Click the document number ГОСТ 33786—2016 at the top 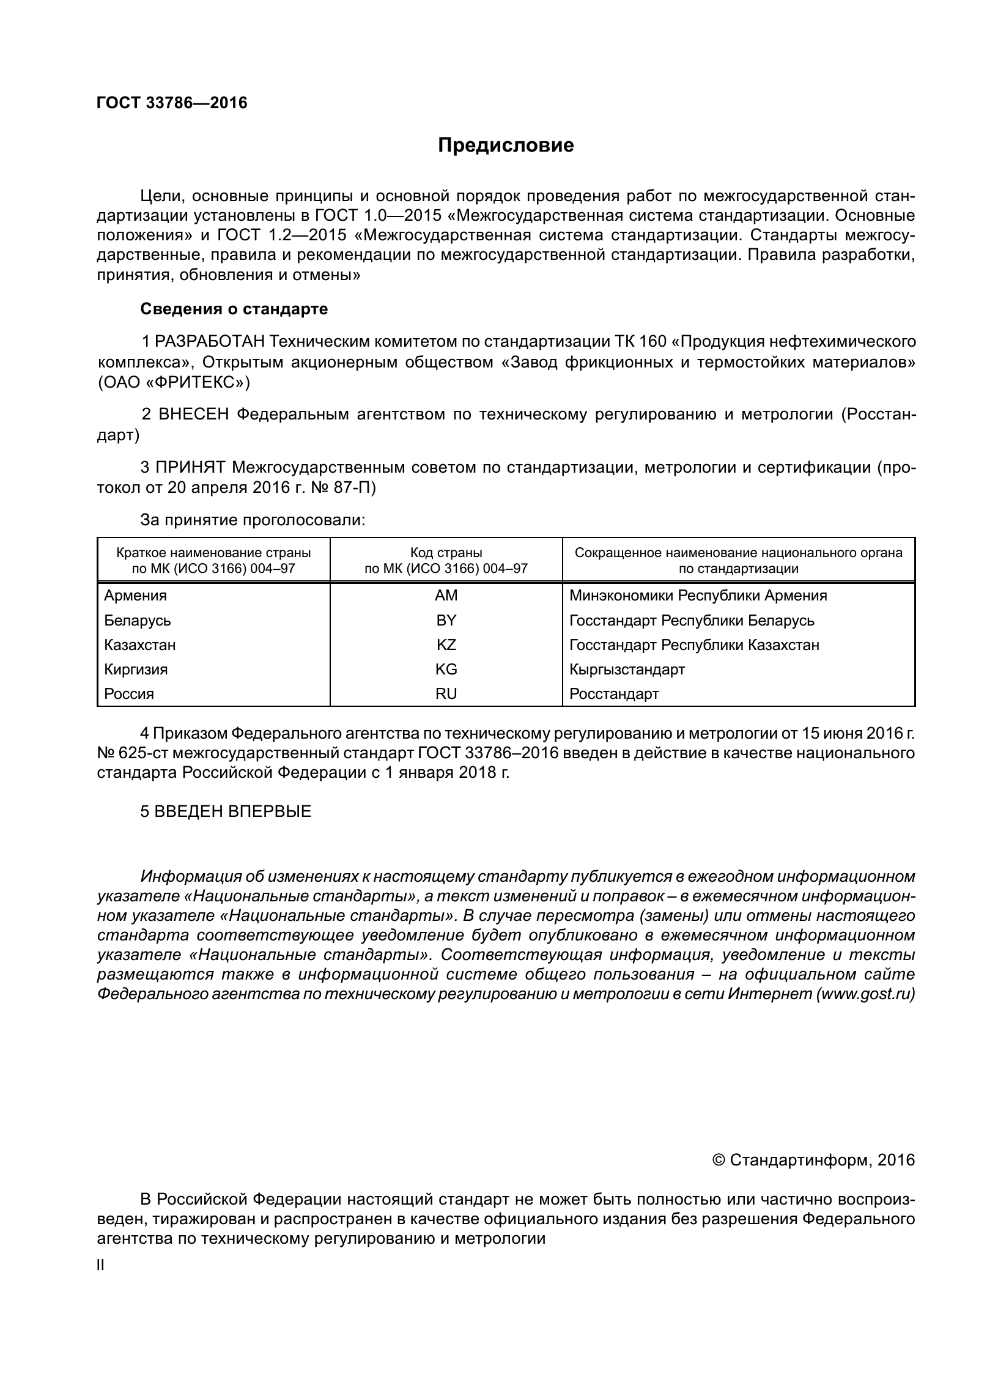coord(172,103)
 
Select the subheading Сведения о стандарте coord(234,309)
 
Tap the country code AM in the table coord(446,595)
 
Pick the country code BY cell coord(446,620)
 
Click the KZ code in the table coord(446,644)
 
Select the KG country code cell coord(446,669)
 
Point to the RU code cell coord(446,693)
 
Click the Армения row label coord(135,595)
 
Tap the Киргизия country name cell coord(136,669)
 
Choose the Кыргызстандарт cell coord(627,669)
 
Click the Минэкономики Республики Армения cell coord(698,595)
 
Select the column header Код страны coord(446,553)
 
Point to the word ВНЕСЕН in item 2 coord(193,415)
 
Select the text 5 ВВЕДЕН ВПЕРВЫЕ coord(226,811)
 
